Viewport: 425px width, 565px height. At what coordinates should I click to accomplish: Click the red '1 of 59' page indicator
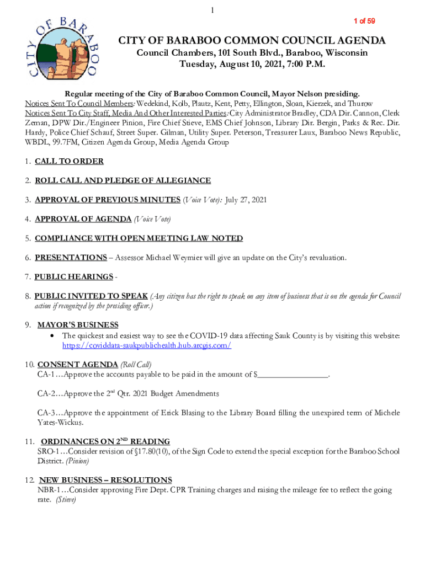(x=364, y=21)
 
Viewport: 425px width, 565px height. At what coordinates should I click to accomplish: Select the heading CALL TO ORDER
(x=69, y=162)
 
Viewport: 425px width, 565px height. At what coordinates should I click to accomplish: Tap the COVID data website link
(x=146, y=345)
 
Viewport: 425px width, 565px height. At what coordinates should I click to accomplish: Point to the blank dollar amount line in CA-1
(x=293, y=375)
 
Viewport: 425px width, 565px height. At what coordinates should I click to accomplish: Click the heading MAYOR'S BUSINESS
(x=78, y=325)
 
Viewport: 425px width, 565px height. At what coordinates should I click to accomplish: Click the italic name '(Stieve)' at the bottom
(x=66, y=500)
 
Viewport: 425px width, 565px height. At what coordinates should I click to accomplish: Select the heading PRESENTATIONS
(x=71, y=258)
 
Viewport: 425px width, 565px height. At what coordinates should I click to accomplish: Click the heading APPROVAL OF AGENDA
(x=83, y=219)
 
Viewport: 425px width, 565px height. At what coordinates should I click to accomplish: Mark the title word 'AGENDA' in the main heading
(x=357, y=41)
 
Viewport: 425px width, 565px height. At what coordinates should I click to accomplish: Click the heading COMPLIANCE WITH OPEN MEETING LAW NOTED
(x=139, y=238)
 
